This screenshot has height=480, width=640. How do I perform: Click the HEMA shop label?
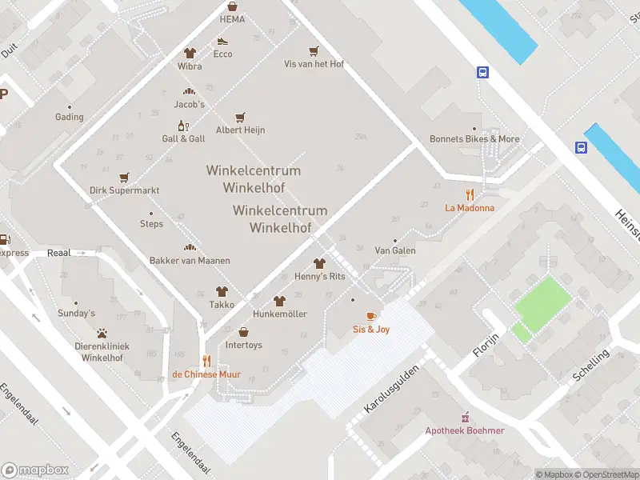point(232,19)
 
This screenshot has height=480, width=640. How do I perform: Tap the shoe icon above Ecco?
point(222,41)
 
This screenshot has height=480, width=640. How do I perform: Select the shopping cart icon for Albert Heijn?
point(240,117)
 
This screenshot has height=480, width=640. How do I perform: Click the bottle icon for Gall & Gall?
point(183,126)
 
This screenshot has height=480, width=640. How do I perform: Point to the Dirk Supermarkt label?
point(124,190)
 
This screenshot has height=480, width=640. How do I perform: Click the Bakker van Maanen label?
point(190,261)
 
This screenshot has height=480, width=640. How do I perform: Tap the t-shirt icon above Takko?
point(222,292)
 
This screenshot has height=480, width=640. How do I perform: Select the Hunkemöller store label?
point(279,314)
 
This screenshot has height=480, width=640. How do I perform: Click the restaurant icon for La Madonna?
point(470,194)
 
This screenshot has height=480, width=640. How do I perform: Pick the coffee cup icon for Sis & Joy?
point(371,316)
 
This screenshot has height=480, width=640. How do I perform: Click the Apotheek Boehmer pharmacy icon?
point(465,417)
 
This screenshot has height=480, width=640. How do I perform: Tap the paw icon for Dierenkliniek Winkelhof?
point(102,333)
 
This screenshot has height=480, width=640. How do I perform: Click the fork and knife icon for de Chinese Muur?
point(206,361)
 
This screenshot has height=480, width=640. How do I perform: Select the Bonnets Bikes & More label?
point(474,138)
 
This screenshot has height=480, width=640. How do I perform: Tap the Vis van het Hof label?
point(314,64)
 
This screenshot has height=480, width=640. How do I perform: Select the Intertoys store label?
point(244,346)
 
